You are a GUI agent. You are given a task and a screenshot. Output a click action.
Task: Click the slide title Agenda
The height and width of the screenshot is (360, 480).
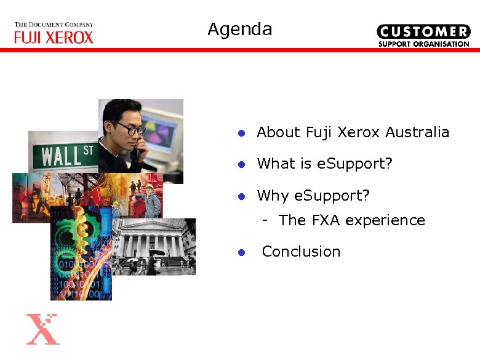click(239, 30)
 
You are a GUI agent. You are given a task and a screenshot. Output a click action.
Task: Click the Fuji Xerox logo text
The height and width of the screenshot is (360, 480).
click(54, 38)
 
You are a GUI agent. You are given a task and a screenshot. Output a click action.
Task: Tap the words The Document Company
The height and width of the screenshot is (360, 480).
click(54, 25)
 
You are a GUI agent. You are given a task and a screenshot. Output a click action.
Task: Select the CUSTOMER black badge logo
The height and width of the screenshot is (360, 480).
click(423, 31)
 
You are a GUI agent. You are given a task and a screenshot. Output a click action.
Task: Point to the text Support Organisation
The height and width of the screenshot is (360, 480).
click(423, 44)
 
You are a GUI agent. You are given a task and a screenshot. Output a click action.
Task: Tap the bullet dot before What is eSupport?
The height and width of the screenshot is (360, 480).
click(242, 164)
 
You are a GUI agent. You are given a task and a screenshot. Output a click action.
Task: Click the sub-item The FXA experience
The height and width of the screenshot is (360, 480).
click(351, 220)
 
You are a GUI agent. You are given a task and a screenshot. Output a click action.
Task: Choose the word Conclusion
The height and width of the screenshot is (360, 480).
click(301, 252)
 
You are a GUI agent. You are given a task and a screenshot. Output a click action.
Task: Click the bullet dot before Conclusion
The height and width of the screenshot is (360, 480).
click(242, 252)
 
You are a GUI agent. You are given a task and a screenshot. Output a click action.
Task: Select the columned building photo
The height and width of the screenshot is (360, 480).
click(154, 247)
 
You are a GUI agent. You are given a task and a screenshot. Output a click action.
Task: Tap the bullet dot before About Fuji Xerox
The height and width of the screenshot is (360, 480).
click(242, 133)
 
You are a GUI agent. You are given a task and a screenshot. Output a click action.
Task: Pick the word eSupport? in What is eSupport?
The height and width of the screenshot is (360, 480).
click(354, 164)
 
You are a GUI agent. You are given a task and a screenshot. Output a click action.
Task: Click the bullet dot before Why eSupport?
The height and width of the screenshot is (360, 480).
click(242, 196)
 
